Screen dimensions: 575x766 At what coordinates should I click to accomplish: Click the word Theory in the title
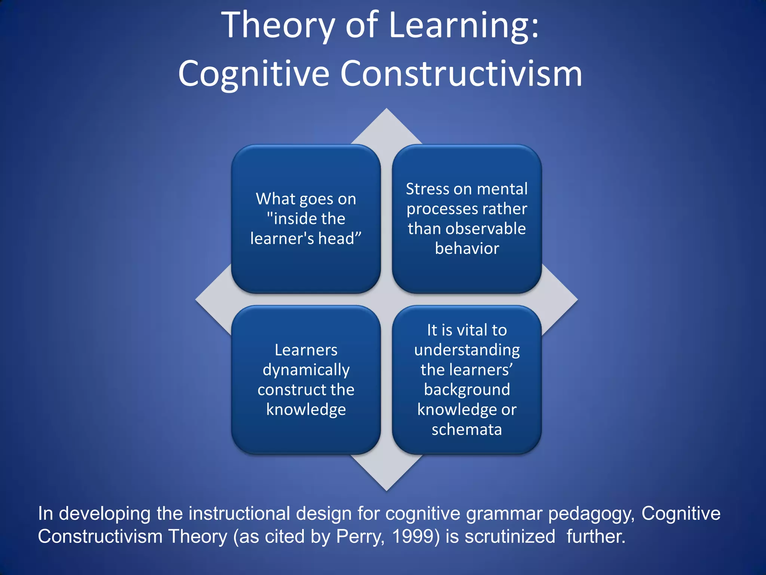(278, 25)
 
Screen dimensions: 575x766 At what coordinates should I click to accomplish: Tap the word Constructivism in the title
(461, 74)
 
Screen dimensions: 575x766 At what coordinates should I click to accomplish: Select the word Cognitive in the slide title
(253, 74)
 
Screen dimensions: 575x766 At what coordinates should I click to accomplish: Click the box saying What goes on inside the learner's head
(306, 219)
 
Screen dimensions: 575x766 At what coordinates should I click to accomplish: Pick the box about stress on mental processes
(467, 219)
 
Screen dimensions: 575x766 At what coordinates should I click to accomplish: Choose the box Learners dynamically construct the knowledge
(306, 380)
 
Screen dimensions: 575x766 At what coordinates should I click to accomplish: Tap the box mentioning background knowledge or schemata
(467, 380)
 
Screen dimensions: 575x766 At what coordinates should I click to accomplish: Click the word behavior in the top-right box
(467, 249)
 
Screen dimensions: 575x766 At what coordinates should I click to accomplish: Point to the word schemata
(467, 429)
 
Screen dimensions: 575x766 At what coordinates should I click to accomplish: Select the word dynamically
(306, 370)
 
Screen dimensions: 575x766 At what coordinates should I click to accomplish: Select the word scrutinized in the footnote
(509, 536)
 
